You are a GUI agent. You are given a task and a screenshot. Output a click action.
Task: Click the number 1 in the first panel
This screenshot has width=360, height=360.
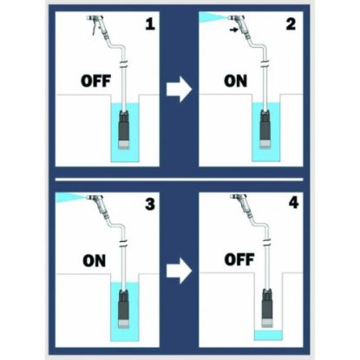(150, 23)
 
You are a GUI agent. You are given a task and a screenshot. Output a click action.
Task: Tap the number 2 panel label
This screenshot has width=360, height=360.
(291, 23)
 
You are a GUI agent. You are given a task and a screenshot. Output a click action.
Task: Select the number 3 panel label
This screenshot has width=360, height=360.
(150, 204)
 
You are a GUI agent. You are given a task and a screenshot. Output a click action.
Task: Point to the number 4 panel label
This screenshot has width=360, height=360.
(293, 202)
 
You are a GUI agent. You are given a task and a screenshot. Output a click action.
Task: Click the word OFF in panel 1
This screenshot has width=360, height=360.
(95, 81)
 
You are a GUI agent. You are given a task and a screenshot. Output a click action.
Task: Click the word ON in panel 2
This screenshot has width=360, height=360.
(235, 81)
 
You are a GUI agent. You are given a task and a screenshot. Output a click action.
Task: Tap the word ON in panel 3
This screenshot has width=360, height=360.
(95, 261)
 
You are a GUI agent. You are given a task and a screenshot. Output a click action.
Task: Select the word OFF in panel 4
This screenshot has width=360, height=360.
(239, 259)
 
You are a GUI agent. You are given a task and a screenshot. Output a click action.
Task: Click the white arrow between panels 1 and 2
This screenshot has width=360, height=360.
(179, 89)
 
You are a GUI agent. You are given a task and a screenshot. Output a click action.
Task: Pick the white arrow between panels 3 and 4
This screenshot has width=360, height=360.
(179, 271)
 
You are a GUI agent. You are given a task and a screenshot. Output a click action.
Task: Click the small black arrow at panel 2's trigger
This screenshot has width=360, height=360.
(234, 29)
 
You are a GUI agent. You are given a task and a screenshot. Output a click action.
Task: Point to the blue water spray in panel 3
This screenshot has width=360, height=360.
(69, 197)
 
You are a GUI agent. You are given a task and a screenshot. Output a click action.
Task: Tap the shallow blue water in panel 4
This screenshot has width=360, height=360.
(268, 335)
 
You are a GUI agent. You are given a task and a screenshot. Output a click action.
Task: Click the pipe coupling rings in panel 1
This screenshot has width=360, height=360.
(124, 64)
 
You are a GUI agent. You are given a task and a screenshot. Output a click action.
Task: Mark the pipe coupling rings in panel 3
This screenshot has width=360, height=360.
(124, 244)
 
